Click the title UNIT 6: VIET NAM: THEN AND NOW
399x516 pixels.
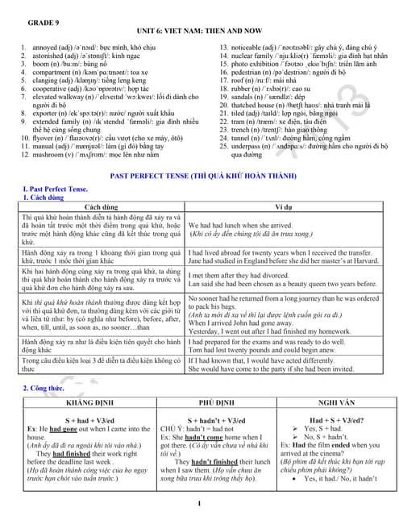coord(198,25)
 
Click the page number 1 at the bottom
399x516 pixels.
coord(198,505)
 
